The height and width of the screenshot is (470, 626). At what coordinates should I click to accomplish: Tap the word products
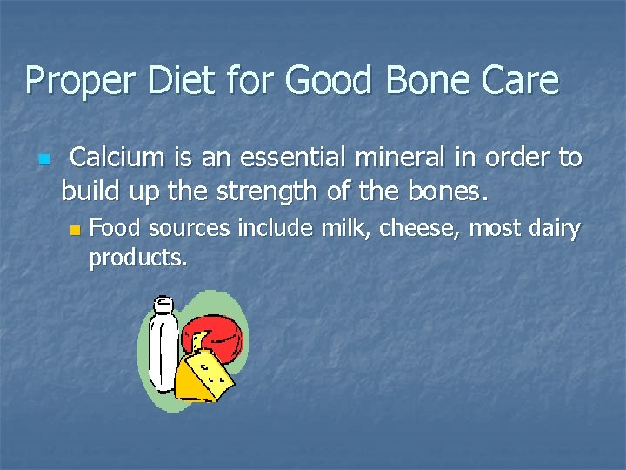coord(137,258)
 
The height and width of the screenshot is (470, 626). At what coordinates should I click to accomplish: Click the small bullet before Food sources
coord(75,231)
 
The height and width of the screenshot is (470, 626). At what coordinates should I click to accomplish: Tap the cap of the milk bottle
coord(162,305)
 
